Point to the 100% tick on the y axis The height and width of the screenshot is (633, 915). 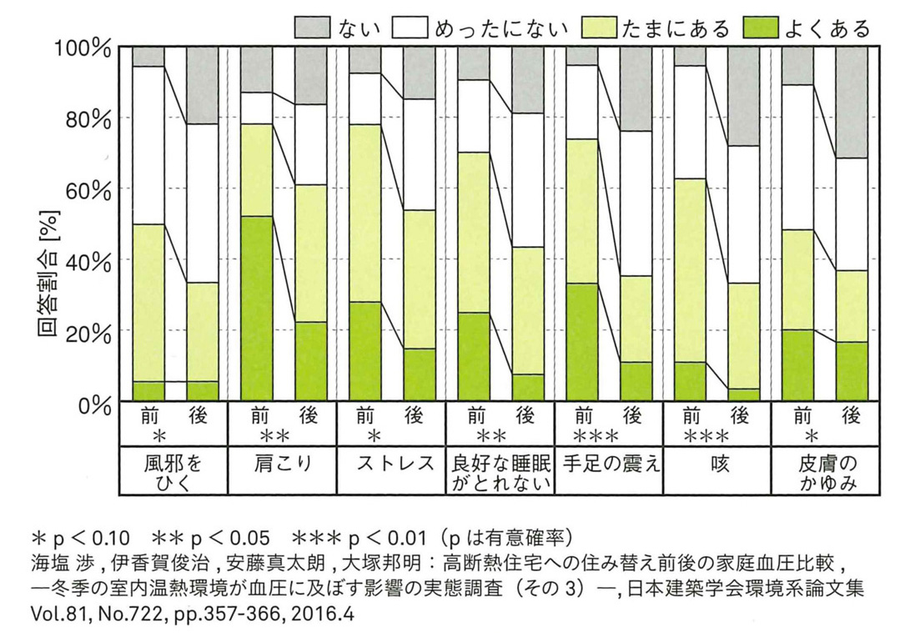pyautogui.click(x=83, y=48)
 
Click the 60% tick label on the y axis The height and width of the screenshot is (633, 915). pyautogui.click(x=87, y=189)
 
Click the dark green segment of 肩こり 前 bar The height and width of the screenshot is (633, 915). pyautogui.click(x=257, y=309)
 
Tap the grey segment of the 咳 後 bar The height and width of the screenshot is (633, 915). pyautogui.click(x=743, y=96)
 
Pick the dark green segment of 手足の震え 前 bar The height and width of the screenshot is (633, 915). pyautogui.click(x=581, y=342)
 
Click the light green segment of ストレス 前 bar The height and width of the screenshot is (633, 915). pyautogui.click(x=364, y=213)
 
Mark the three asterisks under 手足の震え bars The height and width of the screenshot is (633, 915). pyautogui.click(x=597, y=436)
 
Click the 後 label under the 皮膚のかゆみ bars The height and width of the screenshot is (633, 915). pyautogui.click(x=851, y=416)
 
